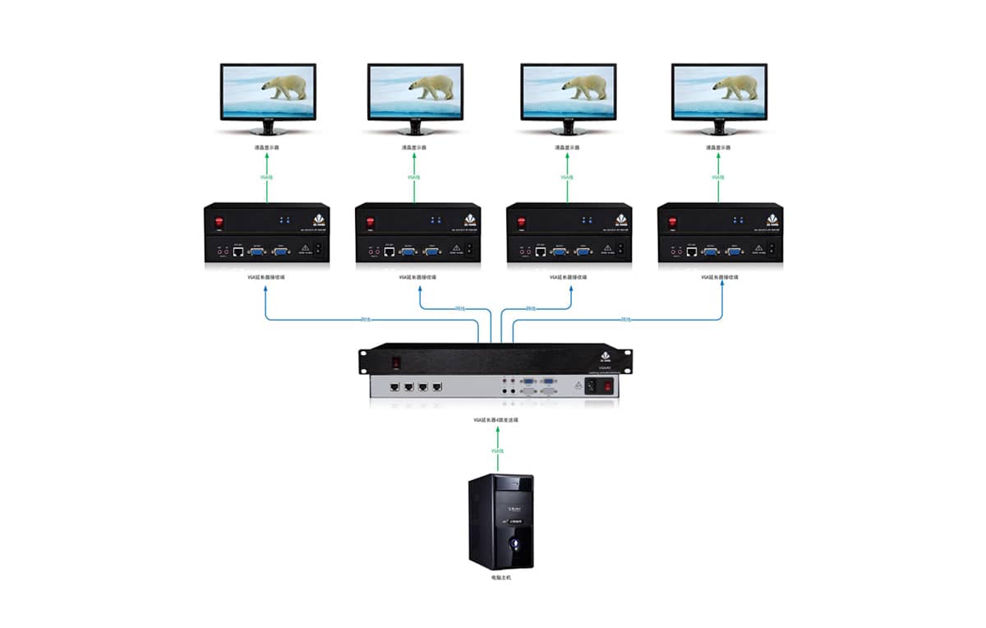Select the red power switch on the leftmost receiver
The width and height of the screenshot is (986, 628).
pos(219,222)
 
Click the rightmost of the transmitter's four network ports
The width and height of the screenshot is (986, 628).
pos(437,385)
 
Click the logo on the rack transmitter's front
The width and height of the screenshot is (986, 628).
pos(493,357)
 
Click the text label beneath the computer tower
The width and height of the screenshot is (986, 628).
pos(500,578)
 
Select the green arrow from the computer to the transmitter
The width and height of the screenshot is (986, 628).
pos(496,450)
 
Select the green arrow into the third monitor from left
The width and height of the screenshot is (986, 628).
pos(567,177)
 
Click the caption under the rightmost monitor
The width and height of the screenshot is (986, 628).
pos(718,148)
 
